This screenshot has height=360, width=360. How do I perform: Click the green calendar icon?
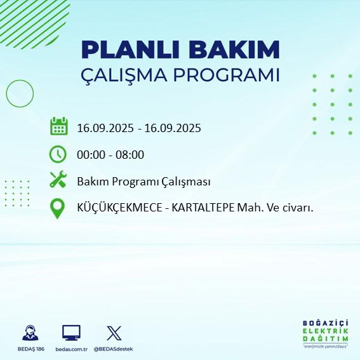[58, 126]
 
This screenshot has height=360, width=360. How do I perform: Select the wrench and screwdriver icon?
[58, 180]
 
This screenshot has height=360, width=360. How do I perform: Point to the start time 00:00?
[90, 154]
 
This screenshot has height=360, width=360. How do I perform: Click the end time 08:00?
[130, 154]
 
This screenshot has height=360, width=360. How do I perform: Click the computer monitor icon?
[71, 333]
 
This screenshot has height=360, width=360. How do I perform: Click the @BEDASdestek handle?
[113, 349]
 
